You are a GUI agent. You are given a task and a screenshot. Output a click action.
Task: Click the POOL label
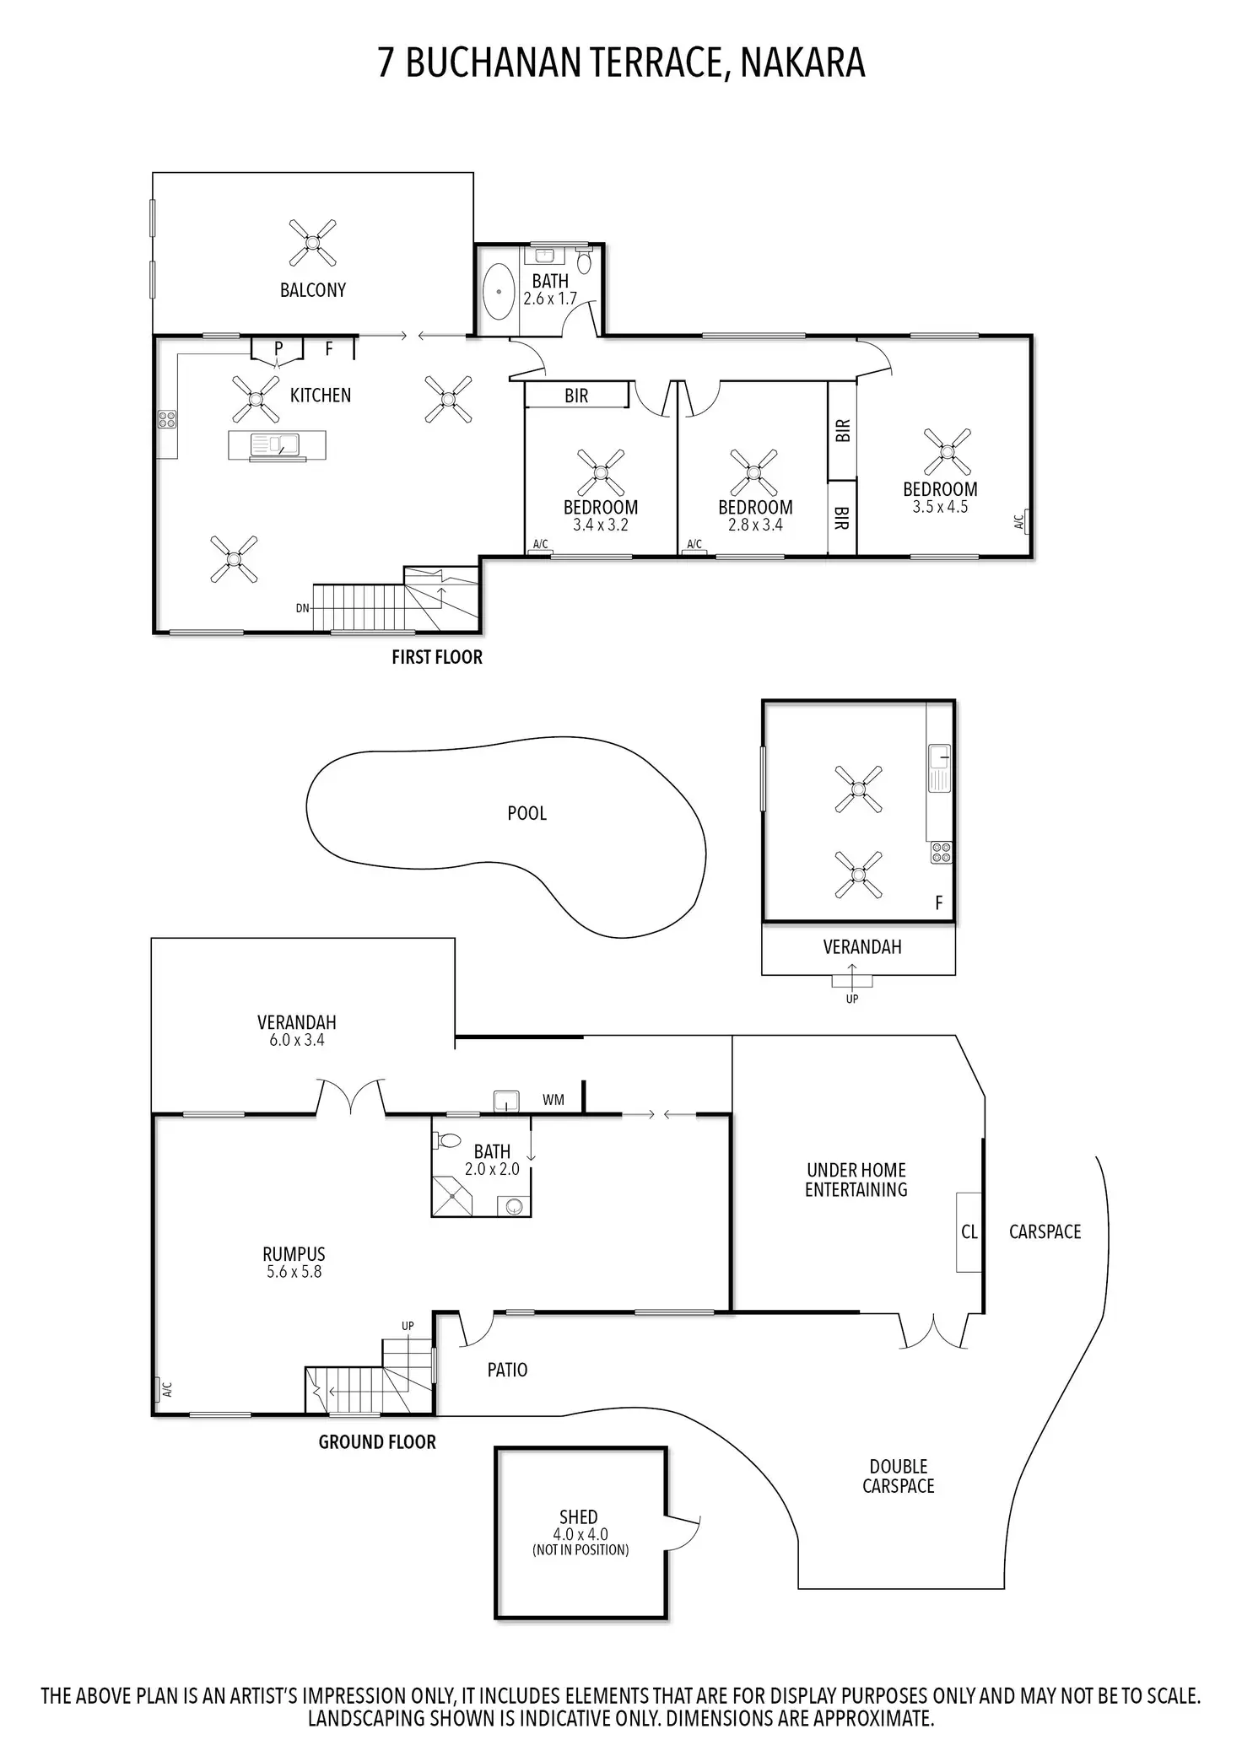(526, 814)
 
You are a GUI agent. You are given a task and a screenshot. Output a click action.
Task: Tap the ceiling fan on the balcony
(312, 243)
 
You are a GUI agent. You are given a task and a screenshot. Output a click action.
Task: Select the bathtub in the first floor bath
(499, 291)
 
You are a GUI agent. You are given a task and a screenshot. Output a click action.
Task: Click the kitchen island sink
(277, 444)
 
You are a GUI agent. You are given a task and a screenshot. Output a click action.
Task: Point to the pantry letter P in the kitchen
(278, 348)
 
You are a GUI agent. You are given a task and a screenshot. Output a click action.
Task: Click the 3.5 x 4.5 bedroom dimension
(940, 507)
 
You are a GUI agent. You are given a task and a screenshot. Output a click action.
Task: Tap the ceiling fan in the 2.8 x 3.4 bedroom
(753, 472)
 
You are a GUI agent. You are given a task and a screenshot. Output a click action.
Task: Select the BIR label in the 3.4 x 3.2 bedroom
(576, 396)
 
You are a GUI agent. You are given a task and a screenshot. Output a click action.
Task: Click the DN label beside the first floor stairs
(302, 607)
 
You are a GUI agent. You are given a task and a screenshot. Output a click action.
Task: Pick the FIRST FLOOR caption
(437, 658)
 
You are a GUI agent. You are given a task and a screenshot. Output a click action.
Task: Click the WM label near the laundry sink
(553, 1100)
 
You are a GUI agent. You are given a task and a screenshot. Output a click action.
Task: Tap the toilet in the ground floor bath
(447, 1141)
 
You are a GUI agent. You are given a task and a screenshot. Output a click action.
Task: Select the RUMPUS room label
(294, 1254)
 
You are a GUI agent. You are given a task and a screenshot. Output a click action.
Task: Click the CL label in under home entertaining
(969, 1232)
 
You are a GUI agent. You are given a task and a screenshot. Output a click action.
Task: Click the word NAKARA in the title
(802, 63)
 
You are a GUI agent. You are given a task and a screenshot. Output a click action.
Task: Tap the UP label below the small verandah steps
(852, 999)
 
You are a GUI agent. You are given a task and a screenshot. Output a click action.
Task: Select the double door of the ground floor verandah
(351, 1096)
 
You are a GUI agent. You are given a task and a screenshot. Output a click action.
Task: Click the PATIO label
(507, 1370)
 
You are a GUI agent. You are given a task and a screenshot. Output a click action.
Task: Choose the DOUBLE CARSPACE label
(898, 1476)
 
